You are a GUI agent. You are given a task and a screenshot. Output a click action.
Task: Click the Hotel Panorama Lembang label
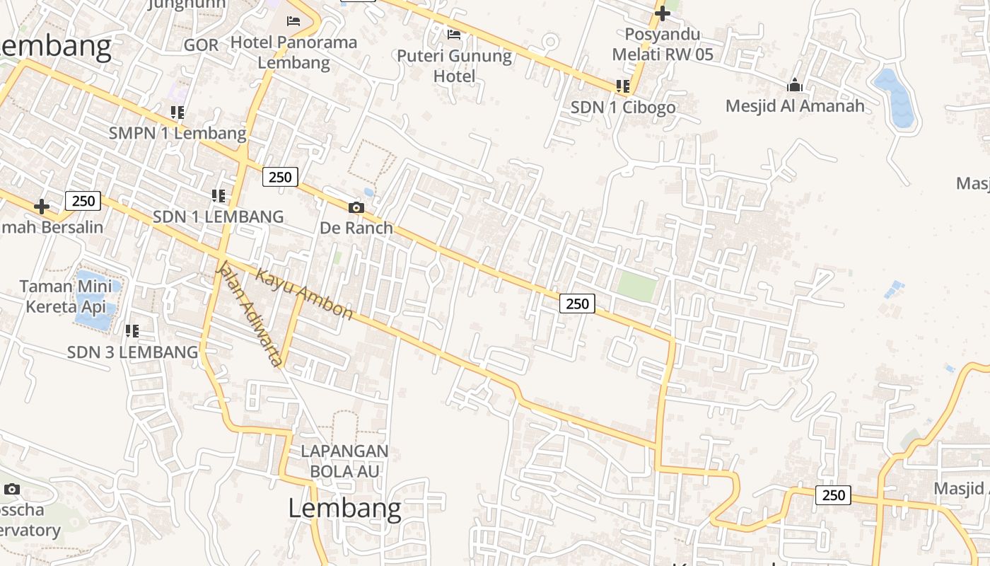(x=293, y=52)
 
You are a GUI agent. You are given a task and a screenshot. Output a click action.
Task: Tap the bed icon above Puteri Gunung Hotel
(x=454, y=34)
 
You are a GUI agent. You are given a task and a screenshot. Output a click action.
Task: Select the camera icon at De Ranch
(x=356, y=207)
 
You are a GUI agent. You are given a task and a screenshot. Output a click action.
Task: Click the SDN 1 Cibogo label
(x=623, y=108)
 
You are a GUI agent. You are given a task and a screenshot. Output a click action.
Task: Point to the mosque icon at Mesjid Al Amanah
(x=795, y=86)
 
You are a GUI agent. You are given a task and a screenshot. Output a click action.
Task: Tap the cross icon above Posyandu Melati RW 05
(x=662, y=13)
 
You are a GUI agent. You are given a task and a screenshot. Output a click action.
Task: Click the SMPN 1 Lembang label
(x=177, y=133)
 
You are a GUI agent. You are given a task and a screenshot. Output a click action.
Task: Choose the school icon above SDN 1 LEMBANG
(x=219, y=195)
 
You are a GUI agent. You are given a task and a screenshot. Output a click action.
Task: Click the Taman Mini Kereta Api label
(x=65, y=296)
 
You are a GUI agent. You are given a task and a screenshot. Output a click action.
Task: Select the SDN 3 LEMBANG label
(x=132, y=352)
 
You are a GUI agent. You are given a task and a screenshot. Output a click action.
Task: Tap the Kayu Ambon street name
(x=304, y=294)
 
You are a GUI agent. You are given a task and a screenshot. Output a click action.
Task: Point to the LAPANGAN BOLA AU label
(x=344, y=461)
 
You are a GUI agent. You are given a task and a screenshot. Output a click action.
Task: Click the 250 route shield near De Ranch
(x=280, y=177)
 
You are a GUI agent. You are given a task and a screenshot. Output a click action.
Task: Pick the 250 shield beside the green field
(x=577, y=304)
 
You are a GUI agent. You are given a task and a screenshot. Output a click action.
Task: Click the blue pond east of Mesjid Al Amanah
(x=895, y=97)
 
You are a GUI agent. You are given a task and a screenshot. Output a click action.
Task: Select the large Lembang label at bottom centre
(x=344, y=508)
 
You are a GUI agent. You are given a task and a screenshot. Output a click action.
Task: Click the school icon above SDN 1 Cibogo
(x=623, y=86)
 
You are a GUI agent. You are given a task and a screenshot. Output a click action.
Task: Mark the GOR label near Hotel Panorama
(x=201, y=45)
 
